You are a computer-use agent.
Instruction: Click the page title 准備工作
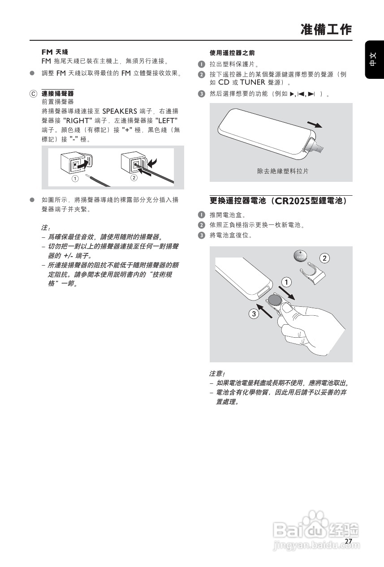(326, 30)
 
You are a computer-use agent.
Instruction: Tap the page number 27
(349, 541)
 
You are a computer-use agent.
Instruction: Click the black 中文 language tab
(375, 60)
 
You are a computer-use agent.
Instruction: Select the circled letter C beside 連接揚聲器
(33, 94)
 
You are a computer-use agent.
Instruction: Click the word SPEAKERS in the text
(120, 111)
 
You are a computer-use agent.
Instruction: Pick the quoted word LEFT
(166, 120)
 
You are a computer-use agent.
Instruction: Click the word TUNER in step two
(253, 82)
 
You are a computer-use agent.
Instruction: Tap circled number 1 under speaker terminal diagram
(75, 178)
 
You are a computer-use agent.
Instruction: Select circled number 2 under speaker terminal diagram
(134, 178)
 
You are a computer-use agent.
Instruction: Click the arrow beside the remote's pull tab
(315, 125)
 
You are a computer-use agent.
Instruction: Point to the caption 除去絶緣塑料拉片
(283, 171)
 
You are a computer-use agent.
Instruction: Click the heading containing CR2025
(278, 201)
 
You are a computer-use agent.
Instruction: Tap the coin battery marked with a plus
(300, 257)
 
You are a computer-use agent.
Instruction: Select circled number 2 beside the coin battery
(324, 258)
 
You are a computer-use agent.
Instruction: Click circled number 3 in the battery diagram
(254, 314)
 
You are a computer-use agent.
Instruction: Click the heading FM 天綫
(55, 52)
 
